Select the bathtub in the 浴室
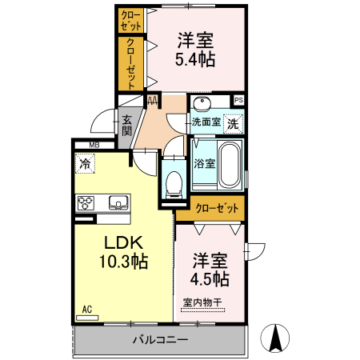pyautogui.click(x=231, y=163)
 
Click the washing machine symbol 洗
pyautogui.click(x=232, y=124)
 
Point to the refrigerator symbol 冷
pyautogui.click(x=85, y=163)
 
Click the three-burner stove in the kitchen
pyautogui.click(x=86, y=203)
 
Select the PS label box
pyautogui.click(x=238, y=100)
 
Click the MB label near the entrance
pyautogui.click(x=94, y=145)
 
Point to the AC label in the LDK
pyautogui.click(x=86, y=309)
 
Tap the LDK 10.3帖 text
pyautogui.click(x=122, y=250)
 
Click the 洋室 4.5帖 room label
pyautogui.click(x=210, y=270)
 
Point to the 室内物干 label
pyautogui.click(x=202, y=302)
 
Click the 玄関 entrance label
pyautogui.click(x=126, y=126)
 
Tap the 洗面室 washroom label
pyautogui.click(x=206, y=123)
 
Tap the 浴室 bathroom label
pyautogui.click(x=204, y=163)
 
